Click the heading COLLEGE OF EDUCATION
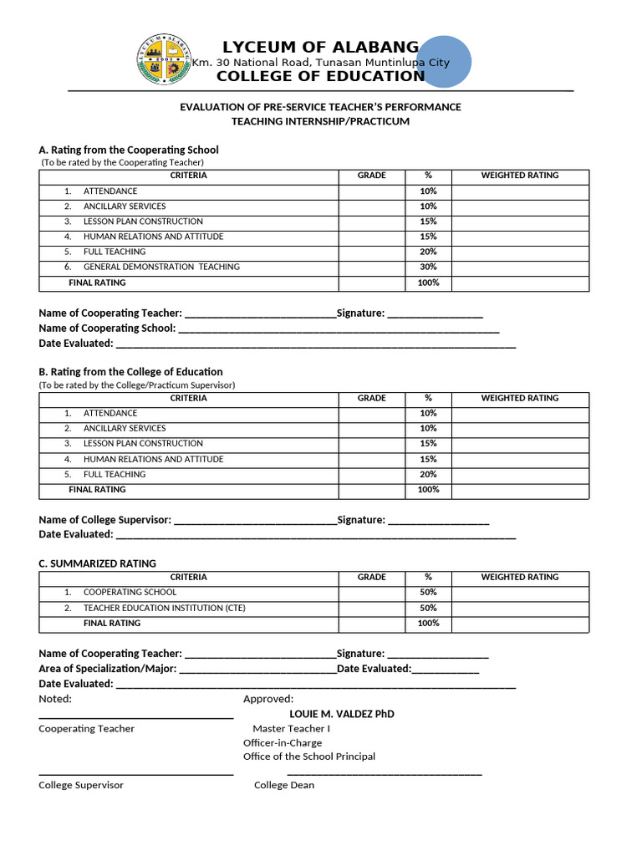click(x=320, y=77)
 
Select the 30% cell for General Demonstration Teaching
click(x=428, y=267)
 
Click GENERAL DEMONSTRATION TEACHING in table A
click(x=161, y=267)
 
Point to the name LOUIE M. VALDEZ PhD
click(x=342, y=714)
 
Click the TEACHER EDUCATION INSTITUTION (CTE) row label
click(x=164, y=608)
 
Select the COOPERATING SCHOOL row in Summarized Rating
click(x=130, y=593)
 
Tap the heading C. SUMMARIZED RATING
click(x=97, y=563)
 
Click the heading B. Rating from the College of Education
click(x=130, y=372)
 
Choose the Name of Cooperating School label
click(x=107, y=329)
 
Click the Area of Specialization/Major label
click(x=107, y=669)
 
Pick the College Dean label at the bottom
click(x=284, y=785)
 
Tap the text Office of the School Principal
click(x=308, y=757)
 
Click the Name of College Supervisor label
click(x=104, y=520)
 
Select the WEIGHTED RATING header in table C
click(x=519, y=578)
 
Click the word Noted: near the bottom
click(x=55, y=699)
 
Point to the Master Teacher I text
click(x=291, y=729)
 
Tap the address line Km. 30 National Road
click(x=320, y=63)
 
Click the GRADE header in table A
click(x=371, y=176)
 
